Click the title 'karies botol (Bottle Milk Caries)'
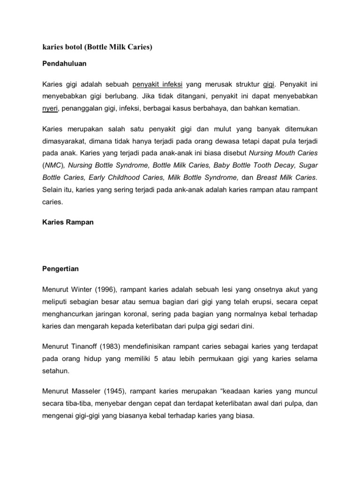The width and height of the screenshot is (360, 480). click(x=97, y=48)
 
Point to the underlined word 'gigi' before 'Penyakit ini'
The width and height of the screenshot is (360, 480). click(x=268, y=84)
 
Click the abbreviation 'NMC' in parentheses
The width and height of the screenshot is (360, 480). click(x=55, y=165)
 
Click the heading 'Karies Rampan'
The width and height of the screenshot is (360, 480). click(x=68, y=222)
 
